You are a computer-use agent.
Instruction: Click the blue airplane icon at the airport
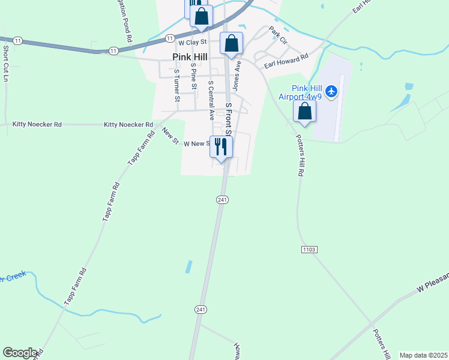pos(333,92)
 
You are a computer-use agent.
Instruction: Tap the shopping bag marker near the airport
pos(305,112)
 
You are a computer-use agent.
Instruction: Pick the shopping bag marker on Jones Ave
pos(232,44)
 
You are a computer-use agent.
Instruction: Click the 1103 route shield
pos(309,249)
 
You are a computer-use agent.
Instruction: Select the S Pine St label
pos(193,76)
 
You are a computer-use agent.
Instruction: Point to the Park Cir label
pos(279,34)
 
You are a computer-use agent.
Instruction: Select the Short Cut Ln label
pos(5,63)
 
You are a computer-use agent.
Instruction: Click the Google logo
pos(20,353)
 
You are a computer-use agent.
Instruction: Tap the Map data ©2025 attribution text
pos(423,355)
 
